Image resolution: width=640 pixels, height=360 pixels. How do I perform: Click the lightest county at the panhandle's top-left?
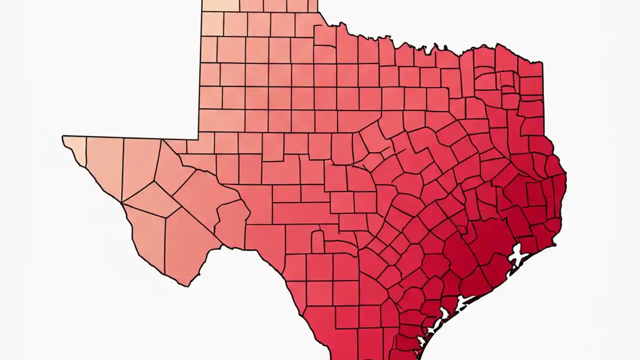click(x=220, y=5)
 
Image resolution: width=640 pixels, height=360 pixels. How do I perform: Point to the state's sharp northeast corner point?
click(x=542, y=62)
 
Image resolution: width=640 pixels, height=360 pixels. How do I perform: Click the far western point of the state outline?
click(x=62, y=137)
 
